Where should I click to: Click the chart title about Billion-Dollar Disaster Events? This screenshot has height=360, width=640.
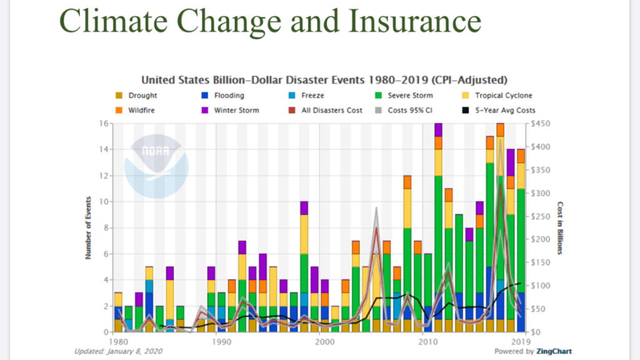click(x=323, y=80)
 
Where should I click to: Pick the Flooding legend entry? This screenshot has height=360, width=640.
click(x=228, y=96)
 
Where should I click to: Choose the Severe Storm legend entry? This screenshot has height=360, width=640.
click(x=410, y=96)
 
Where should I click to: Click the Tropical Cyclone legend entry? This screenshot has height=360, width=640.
click(x=503, y=96)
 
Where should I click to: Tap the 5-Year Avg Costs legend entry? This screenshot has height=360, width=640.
click(x=505, y=110)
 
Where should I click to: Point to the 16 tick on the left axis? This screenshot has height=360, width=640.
click(x=103, y=123)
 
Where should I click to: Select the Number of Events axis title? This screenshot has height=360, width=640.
click(x=89, y=227)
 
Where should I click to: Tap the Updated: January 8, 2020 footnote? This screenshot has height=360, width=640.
click(x=118, y=352)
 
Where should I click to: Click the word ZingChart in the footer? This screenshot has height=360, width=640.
click(x=554, y=352)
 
